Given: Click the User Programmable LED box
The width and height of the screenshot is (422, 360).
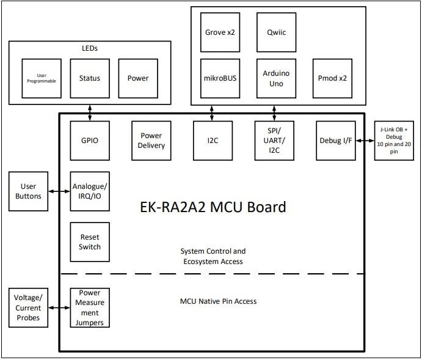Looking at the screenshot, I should click(x=42, y=78).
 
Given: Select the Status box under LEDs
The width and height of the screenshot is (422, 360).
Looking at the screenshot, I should click(x=90, y=78).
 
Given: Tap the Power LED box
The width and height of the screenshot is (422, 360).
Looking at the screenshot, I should click(x=138, y=78).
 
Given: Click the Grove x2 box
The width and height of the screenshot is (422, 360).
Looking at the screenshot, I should click(x=220, y=32).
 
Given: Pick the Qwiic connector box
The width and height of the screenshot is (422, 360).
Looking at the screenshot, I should click(x=274, y=32).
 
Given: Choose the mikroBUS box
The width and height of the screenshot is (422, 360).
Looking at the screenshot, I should click(x=220, y=78).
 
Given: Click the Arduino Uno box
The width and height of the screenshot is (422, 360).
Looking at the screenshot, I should click(x=276, y=78).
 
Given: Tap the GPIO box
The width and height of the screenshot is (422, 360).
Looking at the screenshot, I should click(x=90, y=141).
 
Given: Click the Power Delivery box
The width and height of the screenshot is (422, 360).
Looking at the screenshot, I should click(x=151, y=141).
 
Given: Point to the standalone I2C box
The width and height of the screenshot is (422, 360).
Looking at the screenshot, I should click(x=213, y=141).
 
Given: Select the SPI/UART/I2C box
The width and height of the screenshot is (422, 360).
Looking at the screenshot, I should click(x=274, y=141).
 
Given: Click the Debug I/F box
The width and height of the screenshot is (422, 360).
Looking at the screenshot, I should click(x=336, y=141).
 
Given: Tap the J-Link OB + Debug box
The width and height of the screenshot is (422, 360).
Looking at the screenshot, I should click(x=394, y=141).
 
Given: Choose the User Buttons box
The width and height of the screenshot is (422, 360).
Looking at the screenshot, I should click(x=28, y=191).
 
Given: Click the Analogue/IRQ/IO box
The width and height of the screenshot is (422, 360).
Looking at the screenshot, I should click(x=90, y=191).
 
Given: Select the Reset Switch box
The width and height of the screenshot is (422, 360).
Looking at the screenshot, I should click(x=90, y=242).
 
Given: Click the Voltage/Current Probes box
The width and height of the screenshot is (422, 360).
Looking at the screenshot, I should click(x=28, y=307).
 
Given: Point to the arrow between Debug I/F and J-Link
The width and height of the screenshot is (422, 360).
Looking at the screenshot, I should click(x=365, y=141).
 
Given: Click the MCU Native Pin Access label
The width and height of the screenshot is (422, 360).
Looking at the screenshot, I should click(x=218, y=301).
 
